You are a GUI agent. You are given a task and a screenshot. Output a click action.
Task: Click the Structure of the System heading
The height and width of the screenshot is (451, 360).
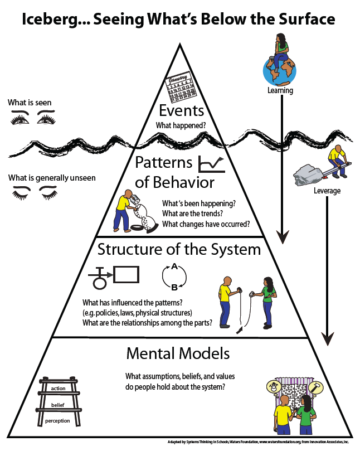pos(179,249)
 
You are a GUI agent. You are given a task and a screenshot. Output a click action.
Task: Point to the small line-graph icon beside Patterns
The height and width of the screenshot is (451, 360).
pos(211,163)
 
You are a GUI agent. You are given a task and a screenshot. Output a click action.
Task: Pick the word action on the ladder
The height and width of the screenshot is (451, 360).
pos(59,388)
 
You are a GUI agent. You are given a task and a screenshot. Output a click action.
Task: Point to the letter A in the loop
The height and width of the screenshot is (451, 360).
pos(174,267)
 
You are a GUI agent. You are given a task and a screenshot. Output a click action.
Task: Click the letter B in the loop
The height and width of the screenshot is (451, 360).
pos(174,288)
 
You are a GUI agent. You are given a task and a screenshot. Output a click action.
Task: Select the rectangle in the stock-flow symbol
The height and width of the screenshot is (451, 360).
pos(126,274)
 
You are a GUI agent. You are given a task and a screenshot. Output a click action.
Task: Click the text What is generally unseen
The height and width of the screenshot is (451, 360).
pos(52,178)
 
